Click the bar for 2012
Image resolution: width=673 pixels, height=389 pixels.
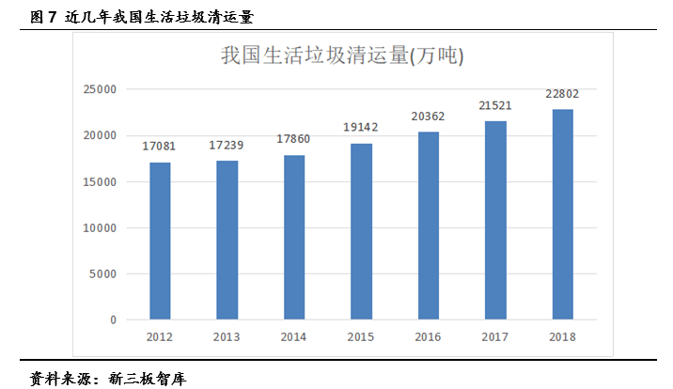pyautogui.click(x=160, y=241)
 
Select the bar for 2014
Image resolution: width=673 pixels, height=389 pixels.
pyautogui.click(x=294, y=238)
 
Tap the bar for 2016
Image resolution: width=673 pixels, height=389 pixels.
pyautogui.click(x=428, y=226)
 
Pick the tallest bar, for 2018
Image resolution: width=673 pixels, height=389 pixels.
pyautogui.click(x=562, y=214)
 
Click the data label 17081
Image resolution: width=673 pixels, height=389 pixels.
pyautogui.click(x=160, y=147)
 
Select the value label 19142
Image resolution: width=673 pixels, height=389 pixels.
pyautogui.click(x=361, y=128)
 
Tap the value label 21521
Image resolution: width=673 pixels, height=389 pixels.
pyautogui.click(x=495, y=105)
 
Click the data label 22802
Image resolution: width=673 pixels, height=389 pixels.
pyautogui.click(x=562, y=93)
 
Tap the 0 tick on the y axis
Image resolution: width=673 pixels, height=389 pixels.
pyautogui.click(x=113, y=320)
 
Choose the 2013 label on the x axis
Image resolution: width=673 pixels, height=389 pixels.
pyautogui.click(x=227, y=335)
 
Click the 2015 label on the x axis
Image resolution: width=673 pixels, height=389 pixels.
pyautogui.click(x=361, y=335)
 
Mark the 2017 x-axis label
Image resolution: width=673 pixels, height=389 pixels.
pyautogui.click(x=495, y=335)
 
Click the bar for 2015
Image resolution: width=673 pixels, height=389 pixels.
pyautogui.click(x=361, y=231)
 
